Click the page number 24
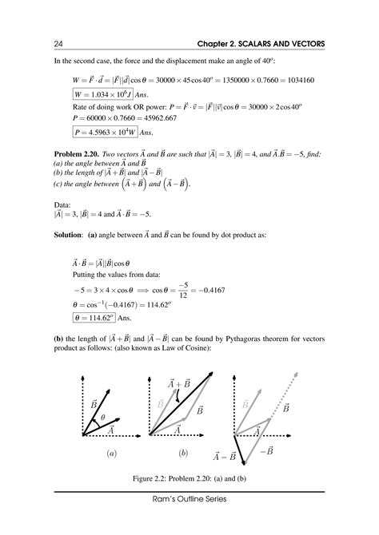click(58, 42)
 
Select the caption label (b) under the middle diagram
click(183, 453)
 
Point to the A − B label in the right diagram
click(225, 456)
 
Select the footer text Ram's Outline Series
click(189, 521)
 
